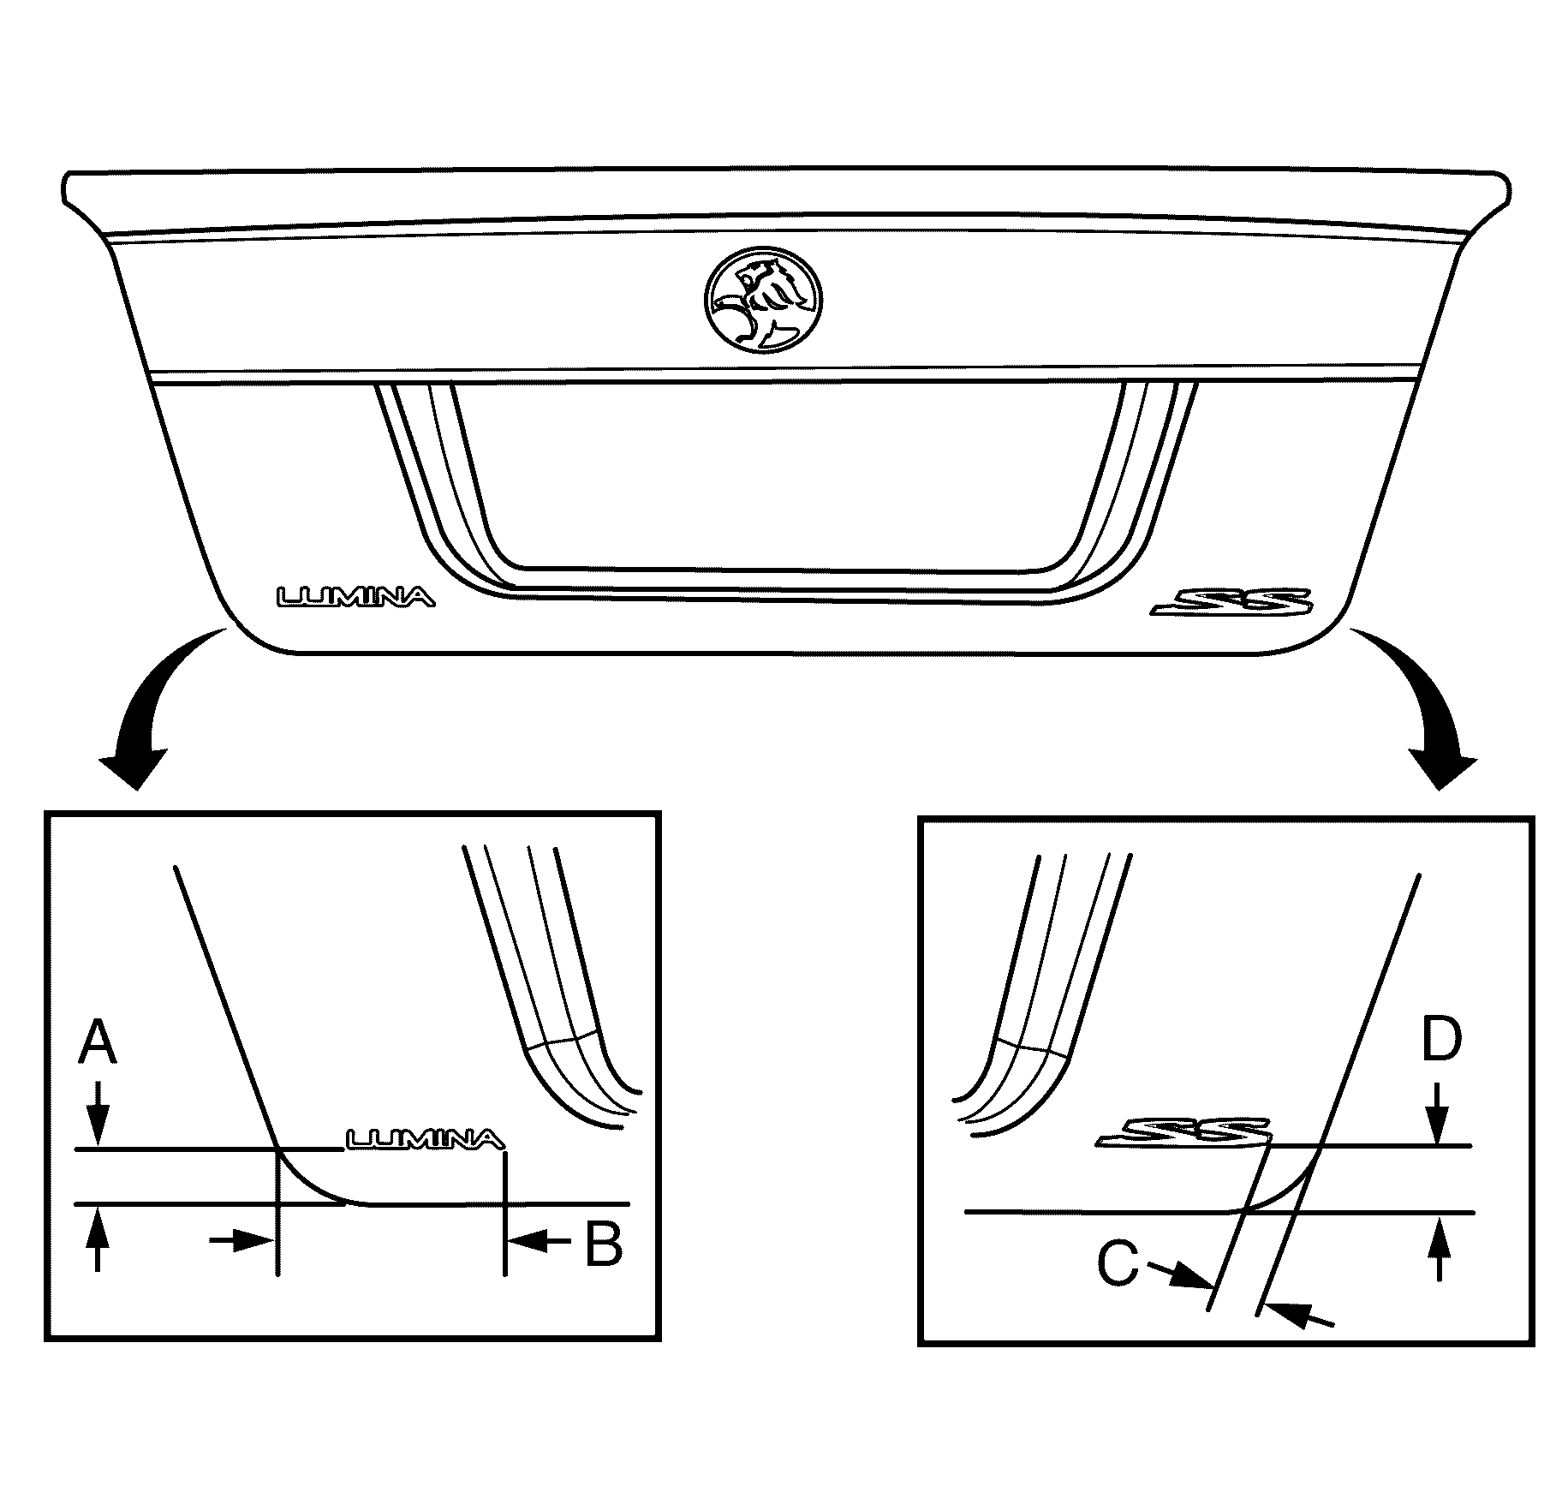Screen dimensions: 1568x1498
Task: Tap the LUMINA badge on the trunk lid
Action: (x=355, y=596)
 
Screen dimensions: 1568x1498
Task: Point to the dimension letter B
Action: (x=603, y=1244)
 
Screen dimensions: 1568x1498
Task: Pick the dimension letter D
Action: (x=1441, y=1041)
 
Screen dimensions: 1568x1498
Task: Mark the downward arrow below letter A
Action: (x=98, y=1113)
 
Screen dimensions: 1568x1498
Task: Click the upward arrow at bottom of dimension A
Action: (x=98, y=1239)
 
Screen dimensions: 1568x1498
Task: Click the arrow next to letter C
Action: (x=1180, y=1275)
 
